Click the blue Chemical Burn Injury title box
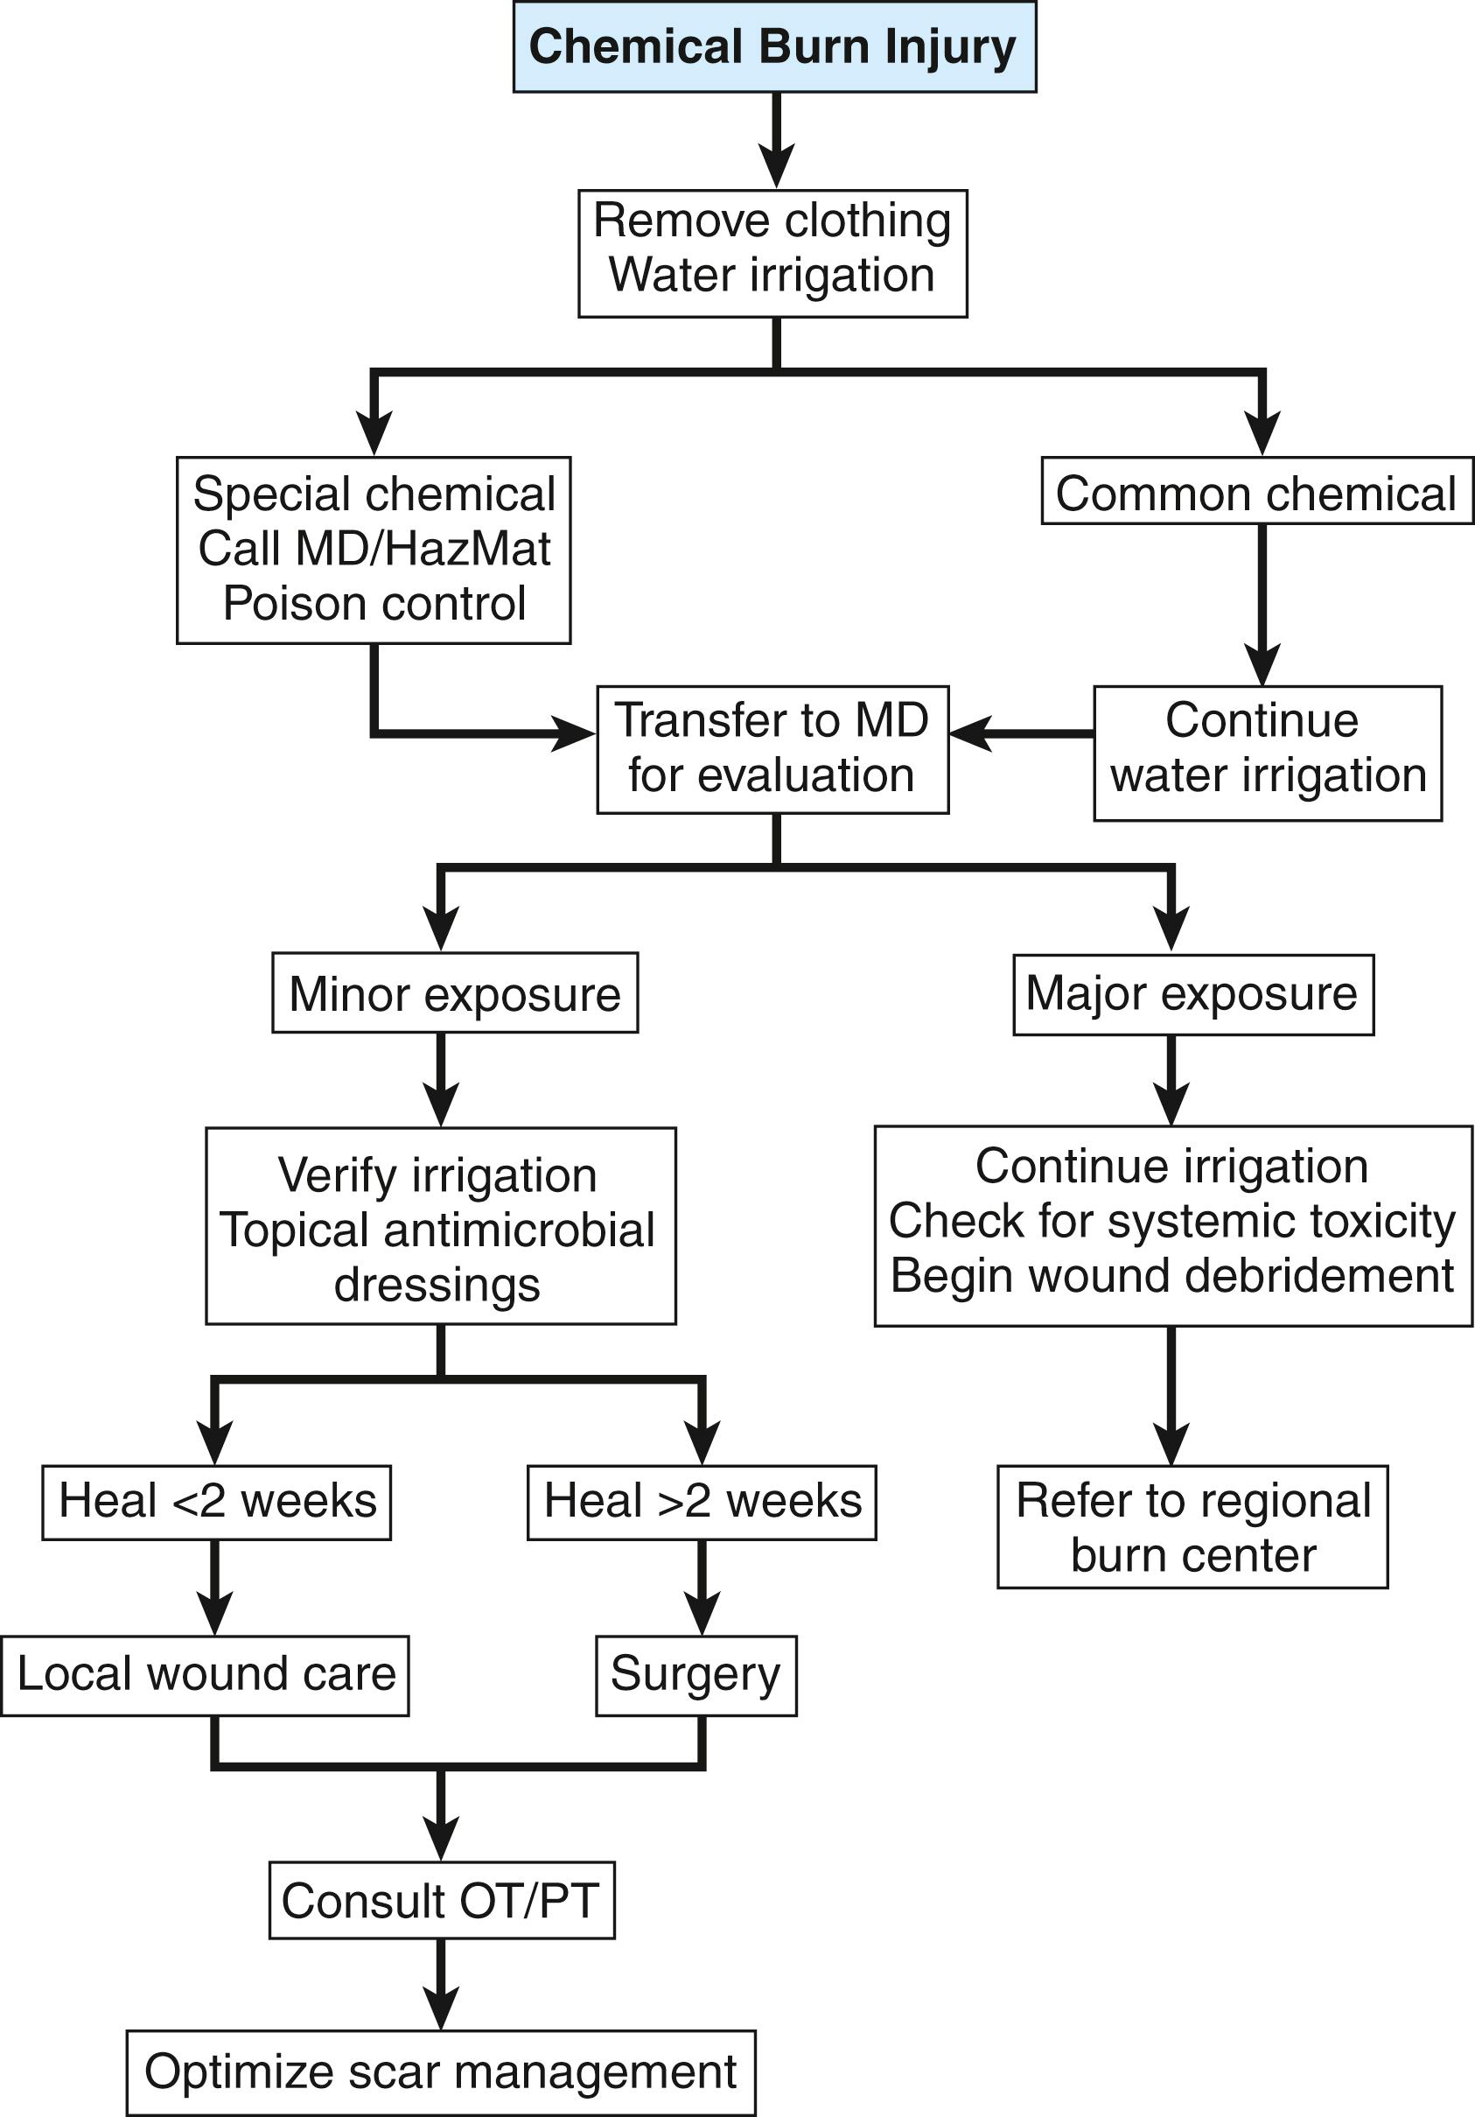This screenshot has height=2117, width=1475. click(x=774, y=47)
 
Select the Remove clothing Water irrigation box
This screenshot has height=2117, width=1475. click(x=772, y=254)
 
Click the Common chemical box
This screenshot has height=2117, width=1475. click(x=1256, y=493)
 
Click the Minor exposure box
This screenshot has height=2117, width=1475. click(x=454, y=994)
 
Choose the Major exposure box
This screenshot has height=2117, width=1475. click(x=1193, y=994)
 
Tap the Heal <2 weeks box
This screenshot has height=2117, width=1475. click(x=217, y=1501)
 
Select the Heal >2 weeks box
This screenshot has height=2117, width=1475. click(x=702, y=1501)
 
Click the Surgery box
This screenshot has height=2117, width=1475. click(x=696, y=1674)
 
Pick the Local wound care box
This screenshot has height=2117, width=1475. click(x=205, y=1674)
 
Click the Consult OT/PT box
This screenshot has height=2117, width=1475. click(x=442, y=1900)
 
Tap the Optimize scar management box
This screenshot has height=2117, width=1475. click(x=441, y=2071)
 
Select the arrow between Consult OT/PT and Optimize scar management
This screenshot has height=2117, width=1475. click(x=442, y=1982)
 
